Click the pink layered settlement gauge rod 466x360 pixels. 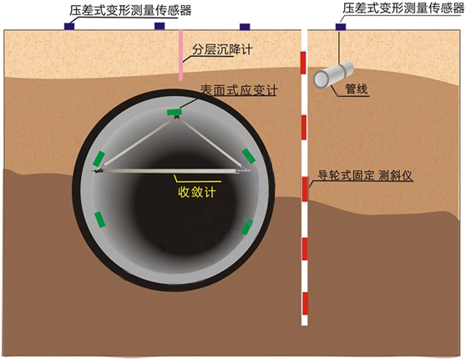click(x=180, y=54)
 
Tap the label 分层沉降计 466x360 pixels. click(x=222, y=49)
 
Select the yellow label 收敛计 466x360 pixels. click(x=197, y=192)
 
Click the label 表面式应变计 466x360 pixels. click(x=239, y=89)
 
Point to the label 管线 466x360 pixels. click(x=357, y=89)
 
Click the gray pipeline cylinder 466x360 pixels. click(x=333, y=75)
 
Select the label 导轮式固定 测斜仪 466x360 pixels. click(x=366, y=175)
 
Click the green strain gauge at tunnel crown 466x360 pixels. click(x=175, y=112)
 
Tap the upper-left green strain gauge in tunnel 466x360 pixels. click(x=99, y=159)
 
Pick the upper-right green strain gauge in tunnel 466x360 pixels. click(x=249, y=156)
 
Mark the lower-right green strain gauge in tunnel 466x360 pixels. click(x=247, y=227)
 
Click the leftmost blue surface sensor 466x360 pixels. click(x=69, y=26)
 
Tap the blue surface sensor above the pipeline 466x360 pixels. click(x=341, y=27)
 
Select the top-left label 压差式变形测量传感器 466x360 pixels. click(x=130, y=11)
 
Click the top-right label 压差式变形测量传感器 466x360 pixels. click(x=403, y=8)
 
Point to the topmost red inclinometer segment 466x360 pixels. click(x=303, y=63)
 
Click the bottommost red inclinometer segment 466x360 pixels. click(x=305, y=303)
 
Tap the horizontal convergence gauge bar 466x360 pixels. click(x=172, y=171)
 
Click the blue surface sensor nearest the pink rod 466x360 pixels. click(x=160, y=26)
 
